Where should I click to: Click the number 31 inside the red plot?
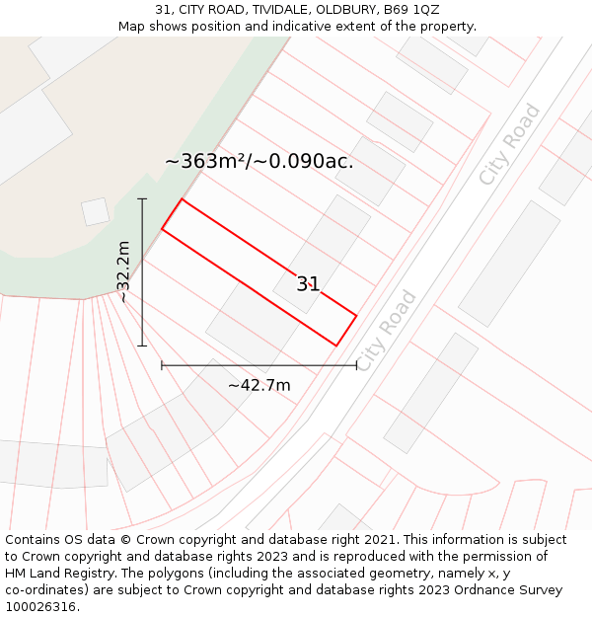pyautogui.click(x=308, y=284)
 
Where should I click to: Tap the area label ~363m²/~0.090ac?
pyautogui.click(x=259, y=161)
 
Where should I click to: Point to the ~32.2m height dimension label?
pyautogui.click(x=123, y=271)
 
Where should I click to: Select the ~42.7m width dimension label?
pyautogui.click(x=259, y=385)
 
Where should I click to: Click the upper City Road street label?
pyautogui.click(x=509, y=144)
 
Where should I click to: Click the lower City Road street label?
pyautogui.click(x=386, y=331)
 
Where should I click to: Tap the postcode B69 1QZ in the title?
pyautogui.click(x=411, y=10)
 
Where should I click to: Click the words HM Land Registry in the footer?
pyautogui.click(x=57, y=574)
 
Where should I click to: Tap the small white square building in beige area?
pyautogui.click(x=95, y=211)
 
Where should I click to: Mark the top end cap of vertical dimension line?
pyautogui.click(x=142, y=199)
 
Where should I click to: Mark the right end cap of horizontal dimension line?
pyautogui.click(x=356, y=365)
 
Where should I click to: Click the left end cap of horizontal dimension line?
pyautogui.click(x=162, y=365)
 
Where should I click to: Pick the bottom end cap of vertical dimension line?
pyautogui.click(x=142, y=346)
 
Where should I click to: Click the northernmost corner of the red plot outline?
pyautogui.click(x=182, y=198)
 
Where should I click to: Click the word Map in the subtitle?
pyautogui.click(x=133, y=27)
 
